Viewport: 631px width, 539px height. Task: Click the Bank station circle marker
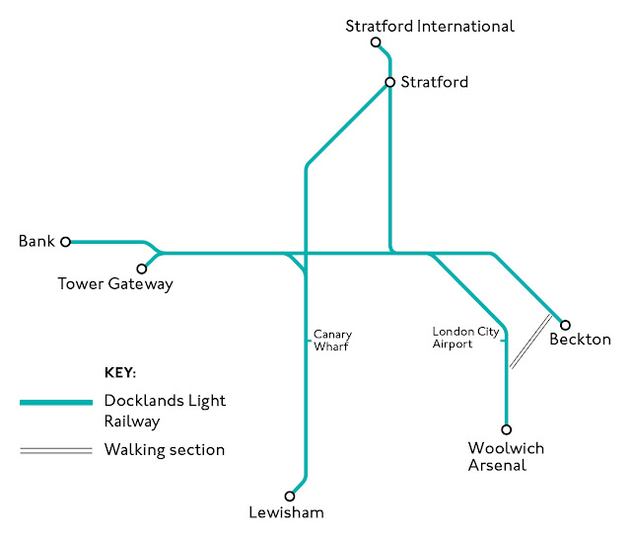coord(66,241)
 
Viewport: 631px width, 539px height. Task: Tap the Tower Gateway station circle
coord(142,268)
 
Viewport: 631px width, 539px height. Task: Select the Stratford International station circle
coord(376,42)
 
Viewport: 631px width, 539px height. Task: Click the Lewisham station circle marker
coord(290,497)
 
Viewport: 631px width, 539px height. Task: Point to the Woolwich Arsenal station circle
coord(507,429)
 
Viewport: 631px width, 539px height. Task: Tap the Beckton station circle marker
coord(565,324)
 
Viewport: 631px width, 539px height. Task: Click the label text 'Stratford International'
coord(430,26)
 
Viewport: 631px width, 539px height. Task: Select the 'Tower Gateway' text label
coord(115,284)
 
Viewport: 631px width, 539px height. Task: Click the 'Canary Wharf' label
coord(331,341)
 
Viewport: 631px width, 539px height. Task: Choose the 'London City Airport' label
coord(466,338)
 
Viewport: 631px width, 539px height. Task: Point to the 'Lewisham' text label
coord(287,512)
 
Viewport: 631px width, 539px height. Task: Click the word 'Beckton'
coord(581,340)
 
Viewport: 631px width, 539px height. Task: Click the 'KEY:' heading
coord(120,373)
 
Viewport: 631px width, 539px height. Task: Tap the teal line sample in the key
coord(56,403)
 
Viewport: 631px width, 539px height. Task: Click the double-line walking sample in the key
coord(56,450)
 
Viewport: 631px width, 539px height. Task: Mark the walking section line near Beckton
coord(530,342)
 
